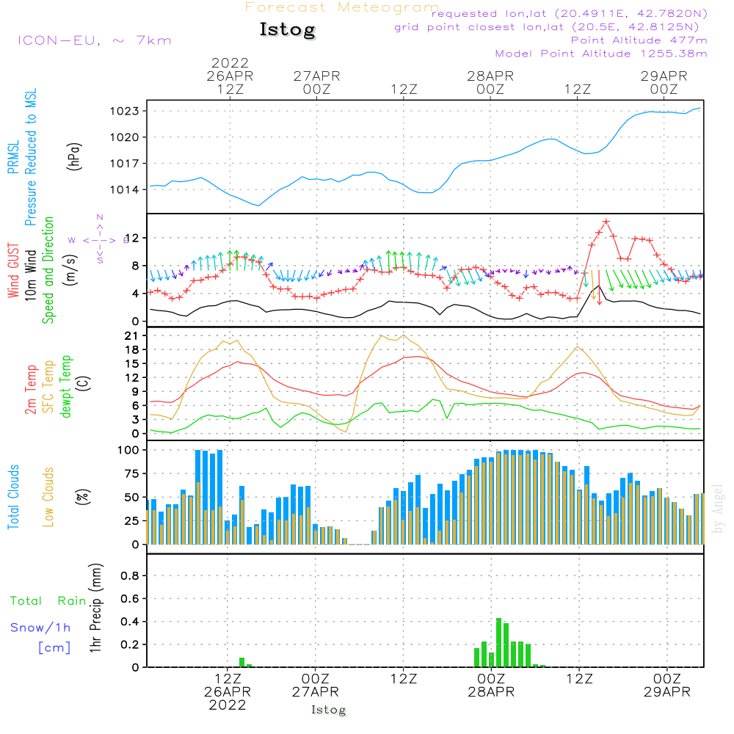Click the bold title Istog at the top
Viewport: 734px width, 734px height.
click(x=287, y=30)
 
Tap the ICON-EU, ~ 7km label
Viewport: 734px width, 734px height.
click(x=94, y=40)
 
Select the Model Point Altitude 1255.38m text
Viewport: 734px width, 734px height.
click(x=601, y=54)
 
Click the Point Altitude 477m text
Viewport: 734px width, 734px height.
click(x=639, y=40)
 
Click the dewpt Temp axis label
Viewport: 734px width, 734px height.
click(x=66, y=386)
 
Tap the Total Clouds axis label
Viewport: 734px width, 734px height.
click(x=14, y=497)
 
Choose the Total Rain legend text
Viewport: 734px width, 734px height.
click(x=48, y=601)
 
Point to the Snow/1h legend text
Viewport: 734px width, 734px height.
click(x=40, y=628)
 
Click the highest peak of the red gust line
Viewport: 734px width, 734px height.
click(x=606, y=221)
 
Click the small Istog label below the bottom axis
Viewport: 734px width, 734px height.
click(x=328, y=710)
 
